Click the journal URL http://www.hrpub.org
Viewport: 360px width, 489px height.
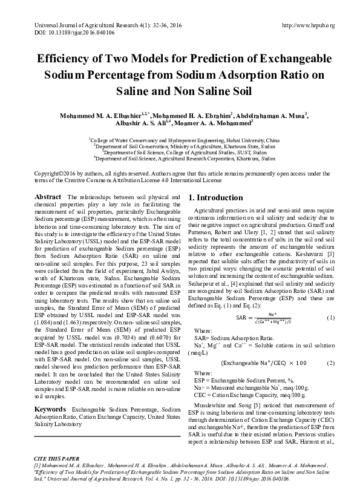tap(309, 25)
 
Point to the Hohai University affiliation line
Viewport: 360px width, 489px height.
tap(180, 139)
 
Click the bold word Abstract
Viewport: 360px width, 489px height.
tap(48, 197)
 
